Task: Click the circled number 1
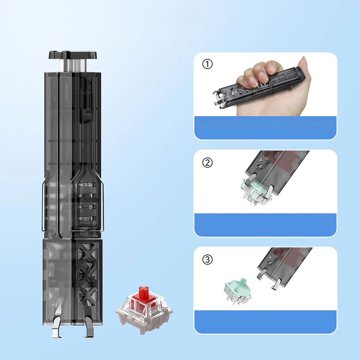coord(208,64)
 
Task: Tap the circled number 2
coord(208,163)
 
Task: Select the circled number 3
coord(208,259)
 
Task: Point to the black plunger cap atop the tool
coord(73,55)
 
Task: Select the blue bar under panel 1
coord(265,127)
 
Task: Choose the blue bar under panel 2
coord(265,225)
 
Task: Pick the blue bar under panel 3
coord(265,321)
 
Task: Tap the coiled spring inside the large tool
coord(87,196)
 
